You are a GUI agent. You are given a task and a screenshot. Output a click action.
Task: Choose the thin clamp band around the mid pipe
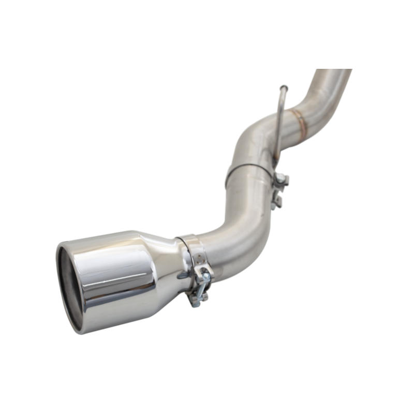(x=248, y=168)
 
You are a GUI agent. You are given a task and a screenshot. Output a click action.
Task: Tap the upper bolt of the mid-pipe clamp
(x=282, y=179)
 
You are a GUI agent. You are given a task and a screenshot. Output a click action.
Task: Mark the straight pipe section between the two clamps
(x=248, y=202)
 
